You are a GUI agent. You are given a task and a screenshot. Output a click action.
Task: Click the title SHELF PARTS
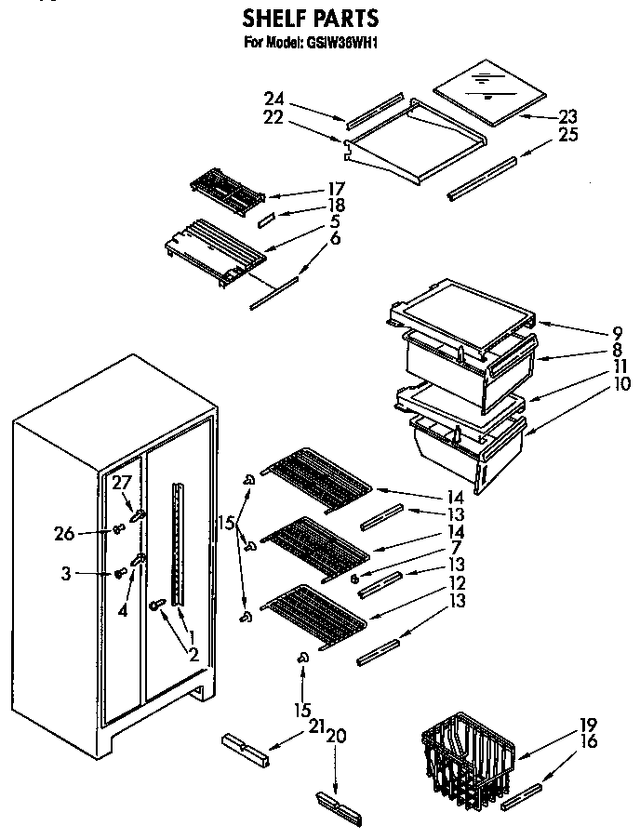click(x=311, y=18)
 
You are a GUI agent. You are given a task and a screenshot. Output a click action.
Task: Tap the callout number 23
click(x=567, y=116)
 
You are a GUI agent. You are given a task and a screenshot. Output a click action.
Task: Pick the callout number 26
click(x=63, y=532)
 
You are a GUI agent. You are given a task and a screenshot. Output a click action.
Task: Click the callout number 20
click(x=336, y=735)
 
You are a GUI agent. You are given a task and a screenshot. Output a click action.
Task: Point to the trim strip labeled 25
click(x=482, y=178)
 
